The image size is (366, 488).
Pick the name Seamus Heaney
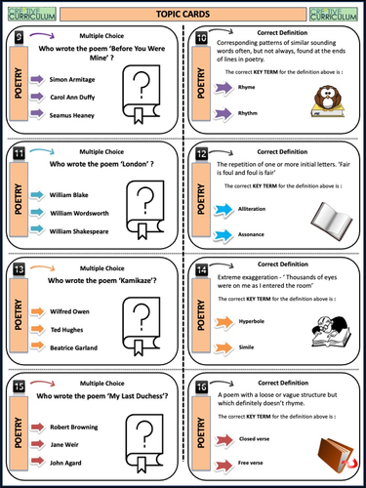(72, 114)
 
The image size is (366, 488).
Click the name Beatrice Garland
(74, 348)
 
